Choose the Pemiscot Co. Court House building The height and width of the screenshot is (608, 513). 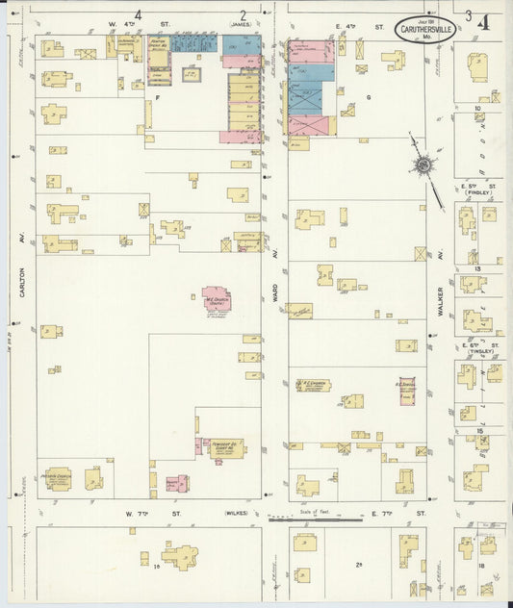[x=227, y=448]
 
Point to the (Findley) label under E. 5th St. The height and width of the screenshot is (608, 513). [x=478, y=192]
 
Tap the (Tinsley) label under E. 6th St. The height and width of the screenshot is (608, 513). [x=478, y=351]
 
